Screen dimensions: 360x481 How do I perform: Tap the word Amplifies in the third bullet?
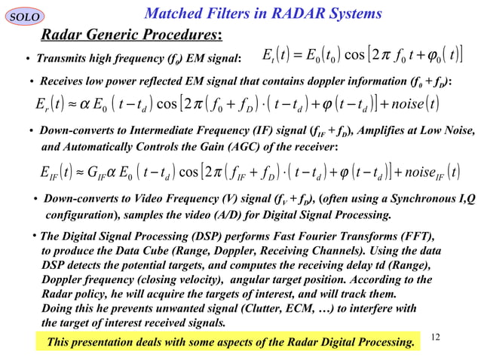click(366, 131)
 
